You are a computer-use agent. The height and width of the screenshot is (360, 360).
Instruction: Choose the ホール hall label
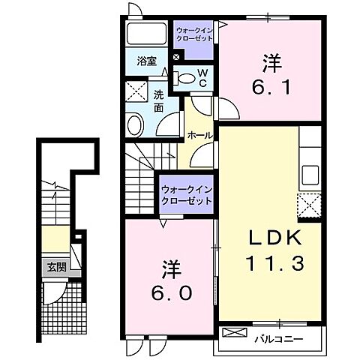tap(199, 136)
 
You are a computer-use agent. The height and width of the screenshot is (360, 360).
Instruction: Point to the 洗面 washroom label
tap(159, 101)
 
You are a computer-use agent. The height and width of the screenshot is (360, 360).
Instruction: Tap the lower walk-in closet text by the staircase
tap(184, 196)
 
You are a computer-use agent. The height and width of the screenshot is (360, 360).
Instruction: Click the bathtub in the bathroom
tap(147, 34)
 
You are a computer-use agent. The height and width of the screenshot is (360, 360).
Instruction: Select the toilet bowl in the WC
tap(184, 76)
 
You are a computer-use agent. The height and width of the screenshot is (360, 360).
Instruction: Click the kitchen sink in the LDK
tap(309, 178)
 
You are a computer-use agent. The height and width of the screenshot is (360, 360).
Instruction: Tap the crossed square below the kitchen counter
tap(309, 204)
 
